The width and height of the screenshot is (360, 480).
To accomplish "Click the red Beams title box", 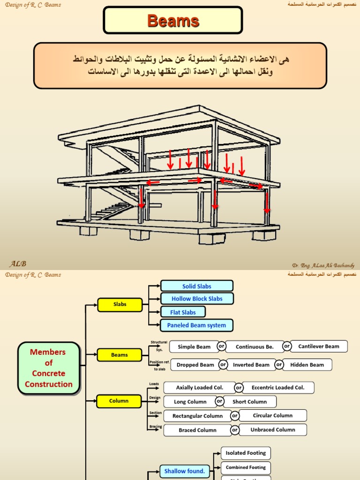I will [173, 21].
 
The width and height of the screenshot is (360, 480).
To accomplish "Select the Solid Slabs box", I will [197, 286].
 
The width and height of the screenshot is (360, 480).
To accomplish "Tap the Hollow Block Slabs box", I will [197, 299].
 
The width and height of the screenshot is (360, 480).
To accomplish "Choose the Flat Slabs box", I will [183, 312].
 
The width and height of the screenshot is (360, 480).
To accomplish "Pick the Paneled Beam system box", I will [197, 325].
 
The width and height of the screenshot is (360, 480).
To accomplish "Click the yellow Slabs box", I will [120, 304].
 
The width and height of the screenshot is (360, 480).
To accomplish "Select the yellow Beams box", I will [120, 355].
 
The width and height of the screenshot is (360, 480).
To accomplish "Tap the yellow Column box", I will [119, 401].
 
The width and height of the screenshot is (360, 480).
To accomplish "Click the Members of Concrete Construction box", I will [49, 368].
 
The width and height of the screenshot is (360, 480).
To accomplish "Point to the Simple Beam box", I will [194, 347].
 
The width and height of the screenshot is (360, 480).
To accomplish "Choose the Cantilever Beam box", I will [319, 346].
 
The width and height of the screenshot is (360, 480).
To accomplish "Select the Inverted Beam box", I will [251, 365].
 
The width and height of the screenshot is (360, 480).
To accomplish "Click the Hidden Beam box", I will [307, 365].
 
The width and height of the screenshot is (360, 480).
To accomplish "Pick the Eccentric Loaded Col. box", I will [278, 388].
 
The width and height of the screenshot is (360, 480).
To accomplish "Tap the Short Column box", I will [250, 402].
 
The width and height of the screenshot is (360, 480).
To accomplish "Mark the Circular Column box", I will [273, 415].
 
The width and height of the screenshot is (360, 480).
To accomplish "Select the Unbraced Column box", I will [273, 429].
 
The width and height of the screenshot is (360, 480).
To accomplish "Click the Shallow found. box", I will [185, 471].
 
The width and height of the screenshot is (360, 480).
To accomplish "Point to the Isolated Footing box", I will [246, 453].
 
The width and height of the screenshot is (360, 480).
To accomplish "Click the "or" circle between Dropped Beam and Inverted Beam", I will [223, 365].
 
